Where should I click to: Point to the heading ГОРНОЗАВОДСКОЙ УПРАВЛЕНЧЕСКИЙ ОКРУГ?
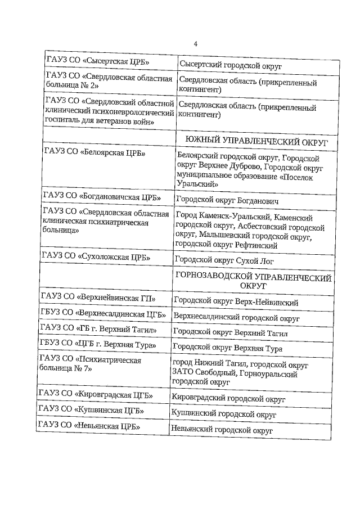(x=253, y=281)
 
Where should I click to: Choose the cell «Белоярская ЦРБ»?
(x=94, y=152)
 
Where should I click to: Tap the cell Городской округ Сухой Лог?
(x=223, y=259)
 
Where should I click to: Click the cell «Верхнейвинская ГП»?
(x=98, y=298)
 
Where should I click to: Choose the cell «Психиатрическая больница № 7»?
(x=89, y=364)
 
